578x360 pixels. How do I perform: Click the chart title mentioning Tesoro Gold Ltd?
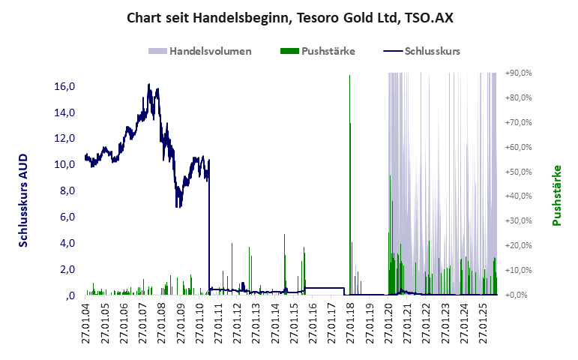(289, 17)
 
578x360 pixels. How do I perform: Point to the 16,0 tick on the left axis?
(64, 86)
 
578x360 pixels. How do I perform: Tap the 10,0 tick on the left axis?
(64, 164)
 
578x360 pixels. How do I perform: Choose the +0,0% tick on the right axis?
(520, 295)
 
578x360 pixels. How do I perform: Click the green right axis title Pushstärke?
(556, 196)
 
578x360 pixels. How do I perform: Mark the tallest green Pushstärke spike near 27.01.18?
(350, 76)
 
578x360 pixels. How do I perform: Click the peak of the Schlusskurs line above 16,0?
(149, 85)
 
